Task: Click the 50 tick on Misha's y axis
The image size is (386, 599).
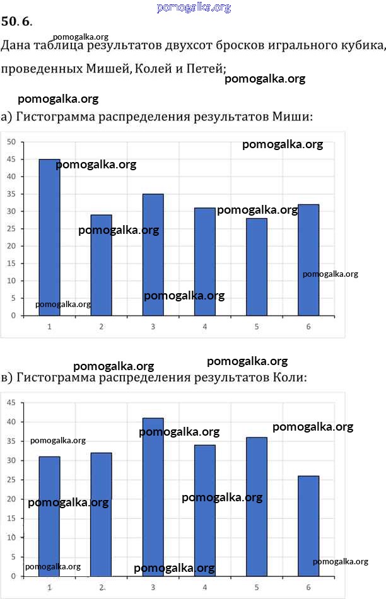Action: [11, 142]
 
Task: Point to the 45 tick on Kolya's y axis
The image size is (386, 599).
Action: [11, 402]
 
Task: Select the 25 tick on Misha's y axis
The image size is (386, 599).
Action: [11, 228]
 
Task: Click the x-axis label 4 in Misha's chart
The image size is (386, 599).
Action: [205, 327]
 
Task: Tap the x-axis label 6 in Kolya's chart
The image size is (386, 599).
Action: [308, 587]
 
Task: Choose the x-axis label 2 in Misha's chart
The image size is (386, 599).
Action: [101, 327]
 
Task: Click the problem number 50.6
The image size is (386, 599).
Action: [16, 23]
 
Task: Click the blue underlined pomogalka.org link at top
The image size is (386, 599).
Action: [193, 8]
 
